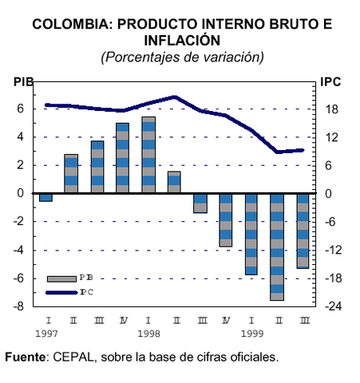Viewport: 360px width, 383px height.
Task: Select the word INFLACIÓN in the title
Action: [x=180, y=40]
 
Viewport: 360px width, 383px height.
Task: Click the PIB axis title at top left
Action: [x=24, y=82]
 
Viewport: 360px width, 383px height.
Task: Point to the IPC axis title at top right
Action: [x=330, y=82]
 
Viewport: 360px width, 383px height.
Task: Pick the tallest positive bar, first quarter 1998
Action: [x=148, y=155]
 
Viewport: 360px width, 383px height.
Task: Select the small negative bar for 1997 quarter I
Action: [x=45, y=197]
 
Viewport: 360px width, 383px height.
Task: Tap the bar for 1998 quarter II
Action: [x=174, y=182]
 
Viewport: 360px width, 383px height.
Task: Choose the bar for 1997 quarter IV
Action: [x=122, y=158]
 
